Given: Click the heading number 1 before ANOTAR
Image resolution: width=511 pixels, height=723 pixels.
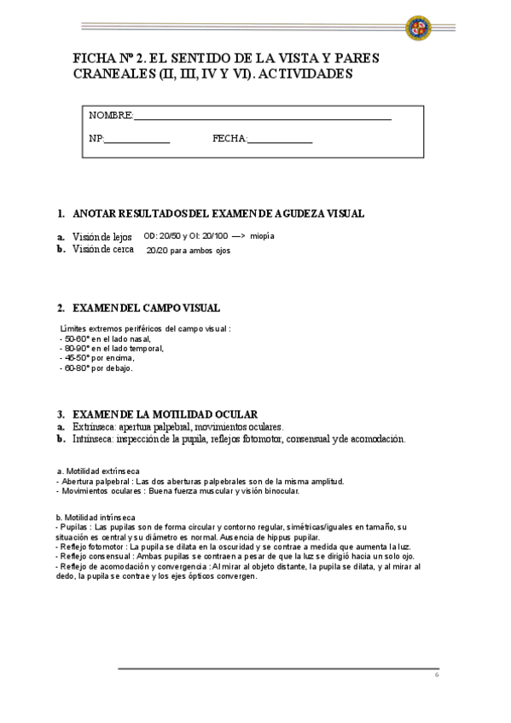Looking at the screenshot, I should [61, 213].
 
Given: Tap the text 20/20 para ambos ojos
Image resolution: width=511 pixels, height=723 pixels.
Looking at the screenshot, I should [189, 251].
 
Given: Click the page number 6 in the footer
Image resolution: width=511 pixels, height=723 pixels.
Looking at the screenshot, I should [436, 674].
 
